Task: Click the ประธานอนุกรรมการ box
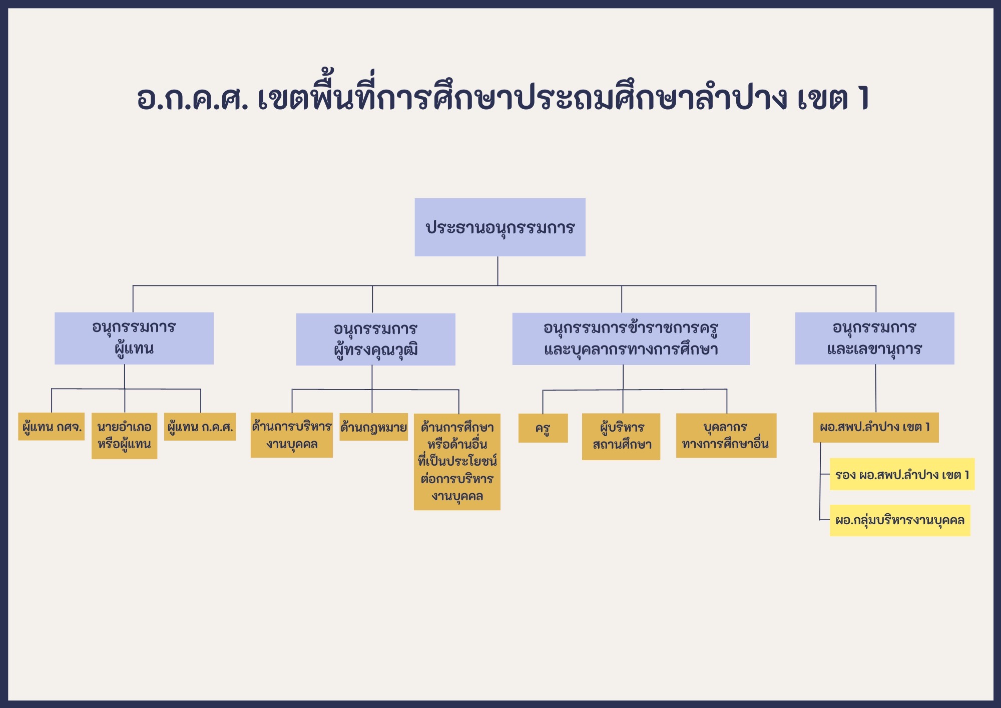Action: [x=500, y=227]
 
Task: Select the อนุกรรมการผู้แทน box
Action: [x=134, y=338]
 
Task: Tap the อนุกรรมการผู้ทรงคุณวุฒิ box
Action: [x=376, y=339]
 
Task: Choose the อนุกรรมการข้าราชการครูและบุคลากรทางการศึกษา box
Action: [x=631, y=339]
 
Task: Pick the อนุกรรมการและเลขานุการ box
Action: [x=875, y=338]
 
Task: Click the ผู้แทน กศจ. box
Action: [x=52, y=427]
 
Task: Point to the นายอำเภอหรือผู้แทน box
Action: [x=125, y=436]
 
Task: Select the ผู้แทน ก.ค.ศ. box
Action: [x=200, y=427]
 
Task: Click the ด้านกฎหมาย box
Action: [x=374, y=427]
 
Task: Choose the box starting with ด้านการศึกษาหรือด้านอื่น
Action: [x=457, y=462]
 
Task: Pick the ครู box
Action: [x=543, y=428]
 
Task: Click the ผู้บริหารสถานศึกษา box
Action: [x=621, y=437]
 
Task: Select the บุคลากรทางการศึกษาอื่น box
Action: [x=726, y=436]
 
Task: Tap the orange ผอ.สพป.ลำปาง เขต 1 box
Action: [x=876, y=428]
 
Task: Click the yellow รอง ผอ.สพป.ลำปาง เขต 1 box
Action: [x=902, y=474]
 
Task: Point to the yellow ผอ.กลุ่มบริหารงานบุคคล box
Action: [x=900, y=520]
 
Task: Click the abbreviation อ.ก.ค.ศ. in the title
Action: [x=193, y=98]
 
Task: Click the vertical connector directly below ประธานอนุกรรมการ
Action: [x=497, y=271]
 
